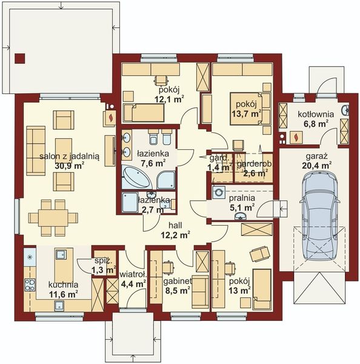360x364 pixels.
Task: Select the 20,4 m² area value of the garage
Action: click(x=317, y=164)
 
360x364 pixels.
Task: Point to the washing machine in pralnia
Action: click(x=219, y=192)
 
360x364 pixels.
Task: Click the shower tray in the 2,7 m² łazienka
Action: click(x=130, y=203)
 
